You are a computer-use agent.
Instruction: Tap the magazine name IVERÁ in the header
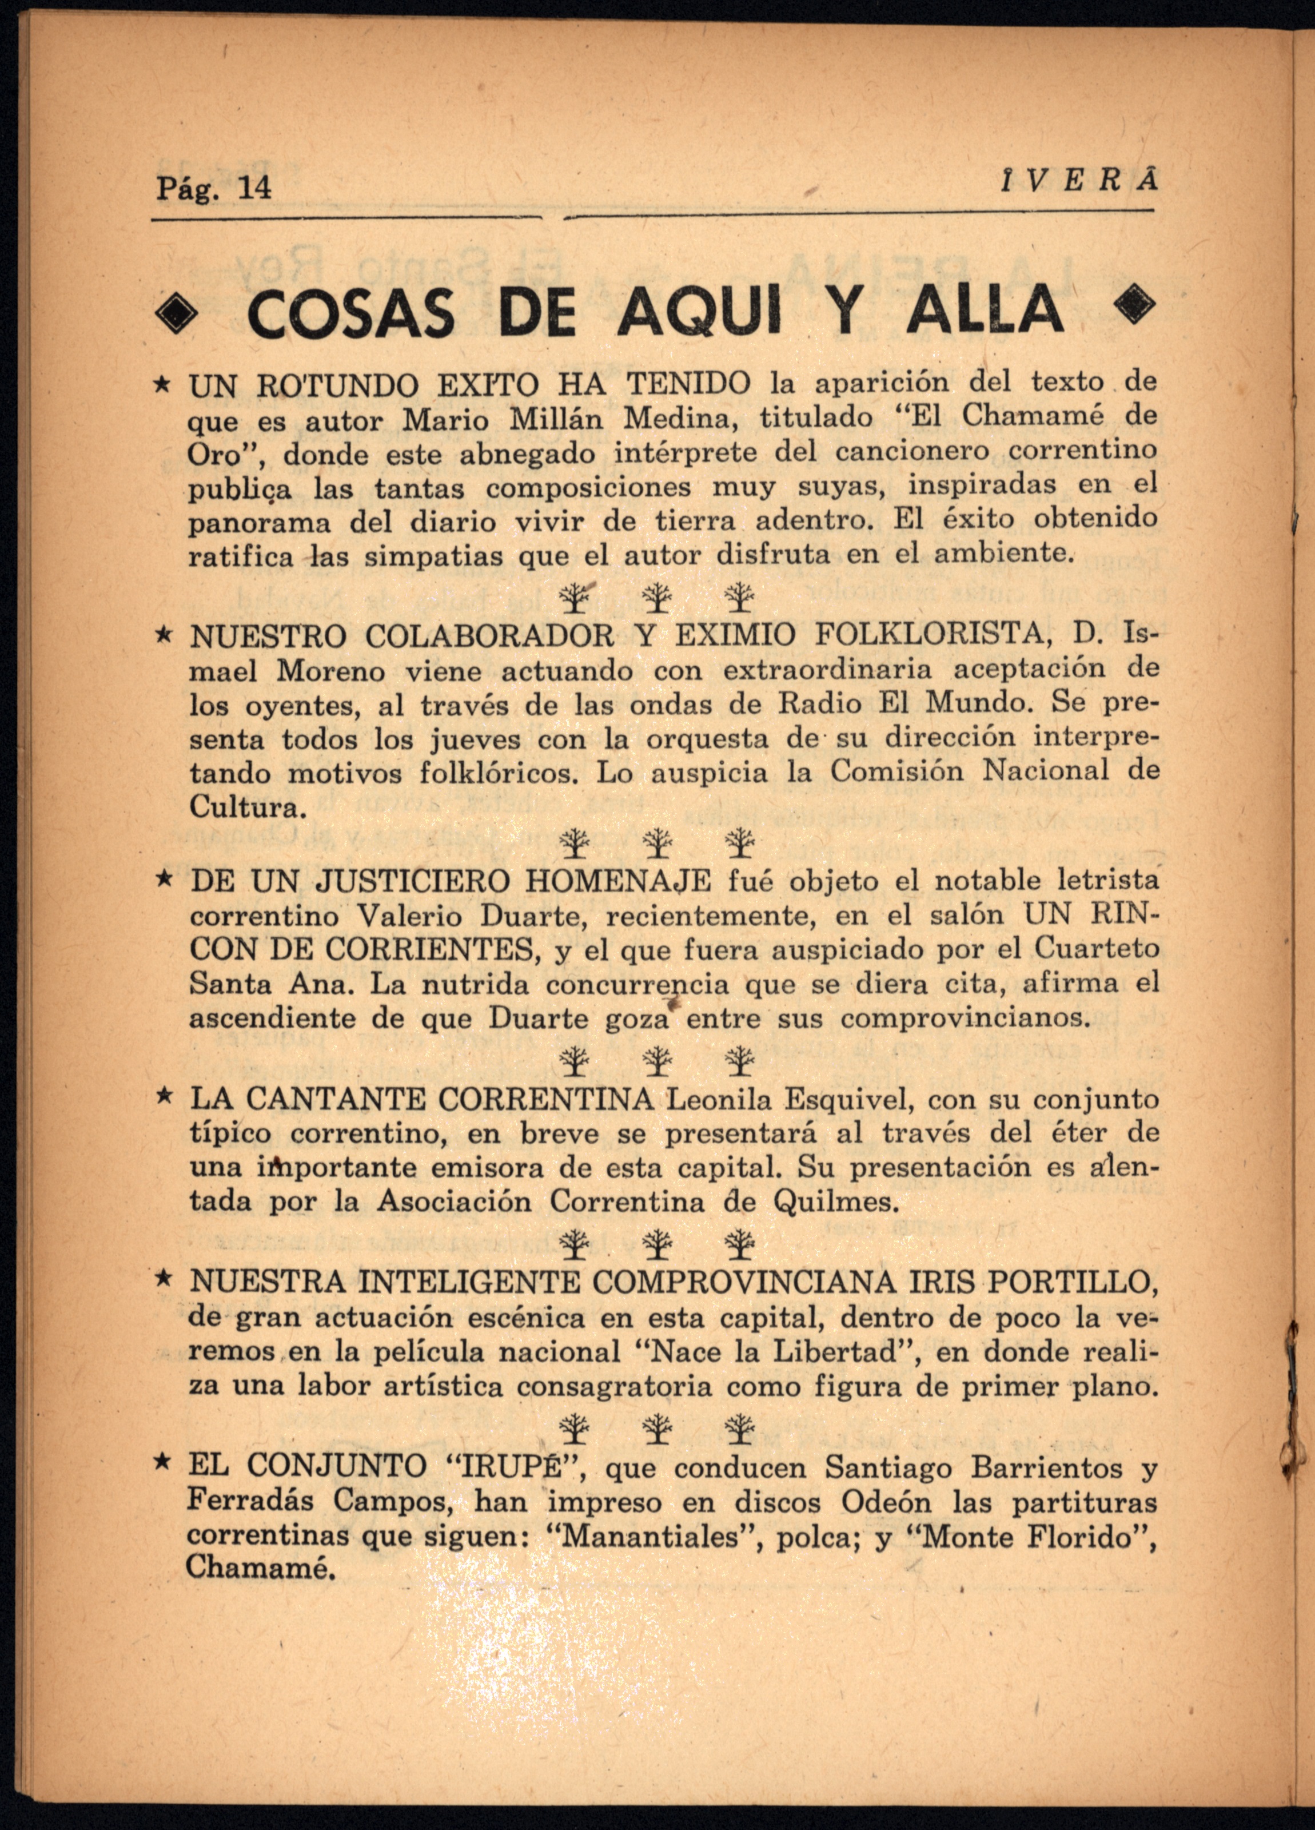click(x=1079, y=182)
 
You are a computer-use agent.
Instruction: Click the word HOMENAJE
click(x=619, y=881)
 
